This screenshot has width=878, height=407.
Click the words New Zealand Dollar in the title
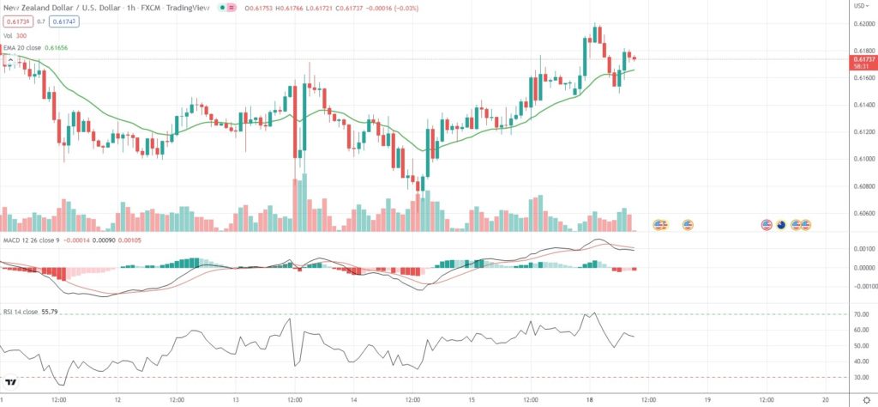tap(33, 7)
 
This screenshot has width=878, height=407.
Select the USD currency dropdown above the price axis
tap(857, 7)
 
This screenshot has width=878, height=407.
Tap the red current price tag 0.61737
tap(859, 57)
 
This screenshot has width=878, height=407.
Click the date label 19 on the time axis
tap(707, 399)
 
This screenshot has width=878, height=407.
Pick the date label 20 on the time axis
tap(824, 399)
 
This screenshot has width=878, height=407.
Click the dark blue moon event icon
tap(781, 225)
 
